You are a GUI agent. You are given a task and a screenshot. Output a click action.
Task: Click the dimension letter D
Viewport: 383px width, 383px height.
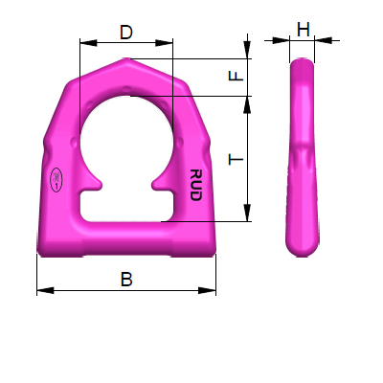126,32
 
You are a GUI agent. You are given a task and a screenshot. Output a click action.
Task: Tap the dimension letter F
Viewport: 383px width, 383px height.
240,76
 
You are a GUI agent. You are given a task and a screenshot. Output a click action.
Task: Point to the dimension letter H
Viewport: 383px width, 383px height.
303,30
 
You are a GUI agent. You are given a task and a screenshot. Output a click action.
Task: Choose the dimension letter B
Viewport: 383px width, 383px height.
125,280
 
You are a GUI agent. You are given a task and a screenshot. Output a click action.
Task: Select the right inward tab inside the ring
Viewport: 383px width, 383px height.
160,181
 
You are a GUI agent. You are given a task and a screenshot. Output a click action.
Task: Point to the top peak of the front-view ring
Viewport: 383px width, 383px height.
126,59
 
